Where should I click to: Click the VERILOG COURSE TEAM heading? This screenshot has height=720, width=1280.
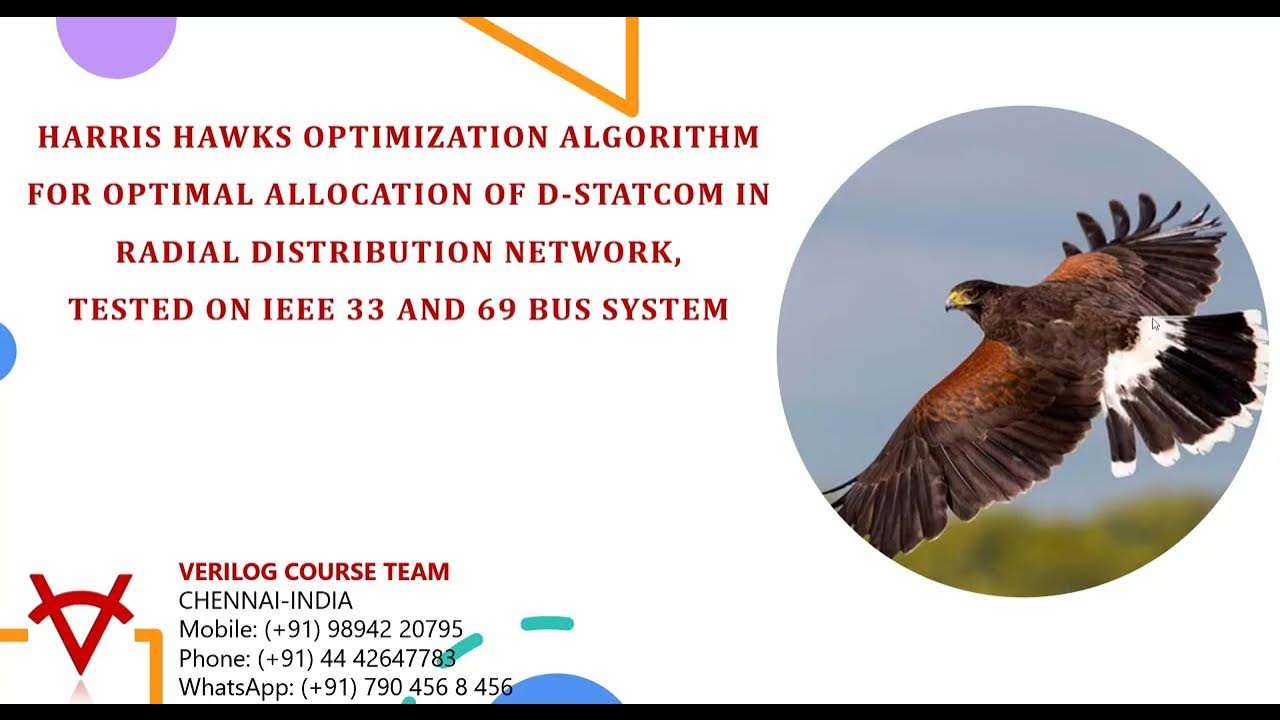click(x=314, y=572)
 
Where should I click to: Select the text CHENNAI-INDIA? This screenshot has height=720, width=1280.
click(x=265, y=601)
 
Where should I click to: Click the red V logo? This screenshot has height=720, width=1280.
click(x=80, y=620)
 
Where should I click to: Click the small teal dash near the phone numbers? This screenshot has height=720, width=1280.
click(x=548, y=624)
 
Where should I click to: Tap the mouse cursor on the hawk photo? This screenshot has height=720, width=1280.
click(x=1155, y=323)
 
